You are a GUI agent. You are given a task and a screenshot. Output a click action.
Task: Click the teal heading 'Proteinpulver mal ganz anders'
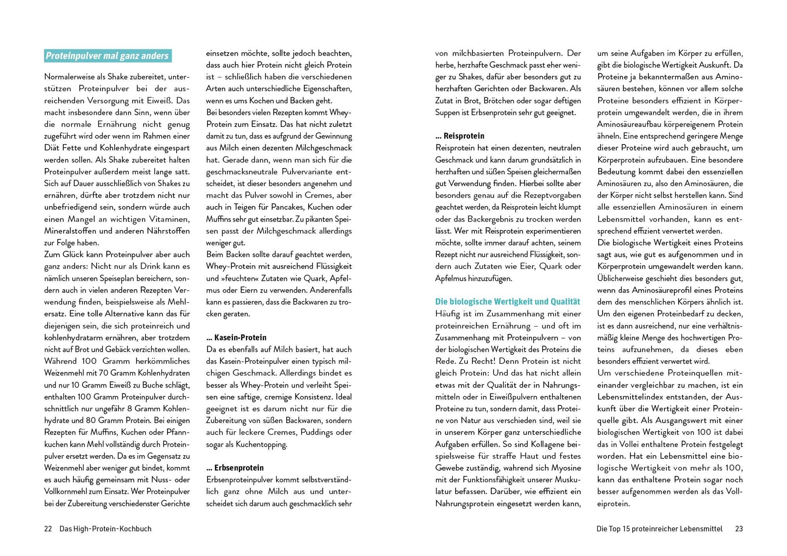tap(107, 56)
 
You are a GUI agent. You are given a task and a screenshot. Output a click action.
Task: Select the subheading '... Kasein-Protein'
tap(236, 337)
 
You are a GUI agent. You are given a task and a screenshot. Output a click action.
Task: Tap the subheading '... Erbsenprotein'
tap(235, 468)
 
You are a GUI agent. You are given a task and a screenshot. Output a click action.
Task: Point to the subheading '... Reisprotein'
tap(460, 136)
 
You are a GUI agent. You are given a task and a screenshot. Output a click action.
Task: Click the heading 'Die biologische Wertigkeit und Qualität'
tap(508, 302)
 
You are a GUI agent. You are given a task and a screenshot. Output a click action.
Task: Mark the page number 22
tap(48, 528)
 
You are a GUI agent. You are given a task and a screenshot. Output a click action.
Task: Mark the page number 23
tap(739, 528)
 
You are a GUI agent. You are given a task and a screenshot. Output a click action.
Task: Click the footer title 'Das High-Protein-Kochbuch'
tap(106, 528)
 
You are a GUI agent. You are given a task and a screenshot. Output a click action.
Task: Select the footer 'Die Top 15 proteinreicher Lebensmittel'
tap(659, 528)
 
